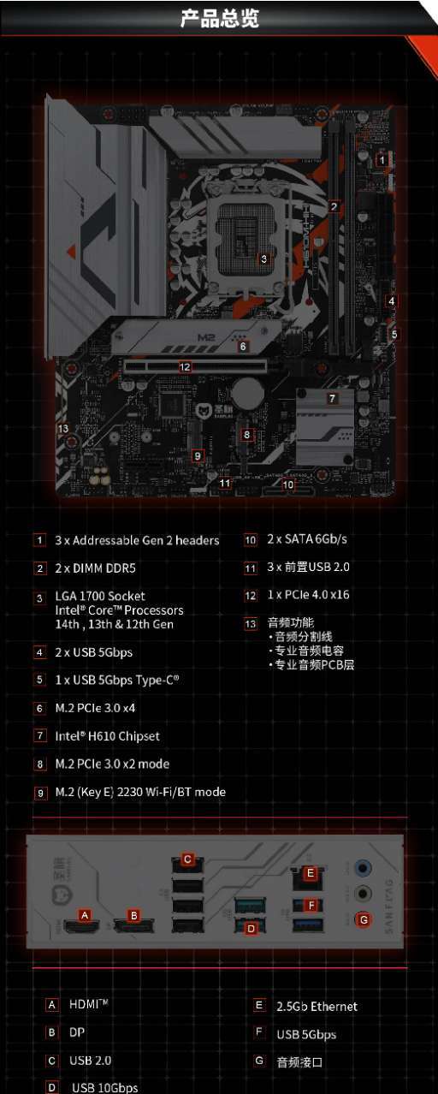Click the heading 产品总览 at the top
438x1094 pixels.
(219, 18)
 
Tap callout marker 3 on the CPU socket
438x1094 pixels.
(263, 258)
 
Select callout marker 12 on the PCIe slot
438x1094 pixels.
(184, 367)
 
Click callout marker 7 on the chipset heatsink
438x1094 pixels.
(332, 399)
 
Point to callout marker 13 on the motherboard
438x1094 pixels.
(62, 429)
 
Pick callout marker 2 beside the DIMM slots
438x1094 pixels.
(334, 205)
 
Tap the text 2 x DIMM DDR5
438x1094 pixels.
(95, 568)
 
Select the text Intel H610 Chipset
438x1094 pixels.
(107, 736)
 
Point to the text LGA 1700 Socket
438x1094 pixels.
(100, 596)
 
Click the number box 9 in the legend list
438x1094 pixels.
(40, 793)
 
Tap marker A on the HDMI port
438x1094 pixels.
(84, 915)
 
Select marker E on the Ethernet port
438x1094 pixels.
(311, 873)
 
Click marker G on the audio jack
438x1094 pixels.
(364, 919)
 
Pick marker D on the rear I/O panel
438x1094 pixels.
(251, 928)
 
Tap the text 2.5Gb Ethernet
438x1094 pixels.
(317, 1007)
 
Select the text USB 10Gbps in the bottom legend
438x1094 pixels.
(104, 1088)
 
